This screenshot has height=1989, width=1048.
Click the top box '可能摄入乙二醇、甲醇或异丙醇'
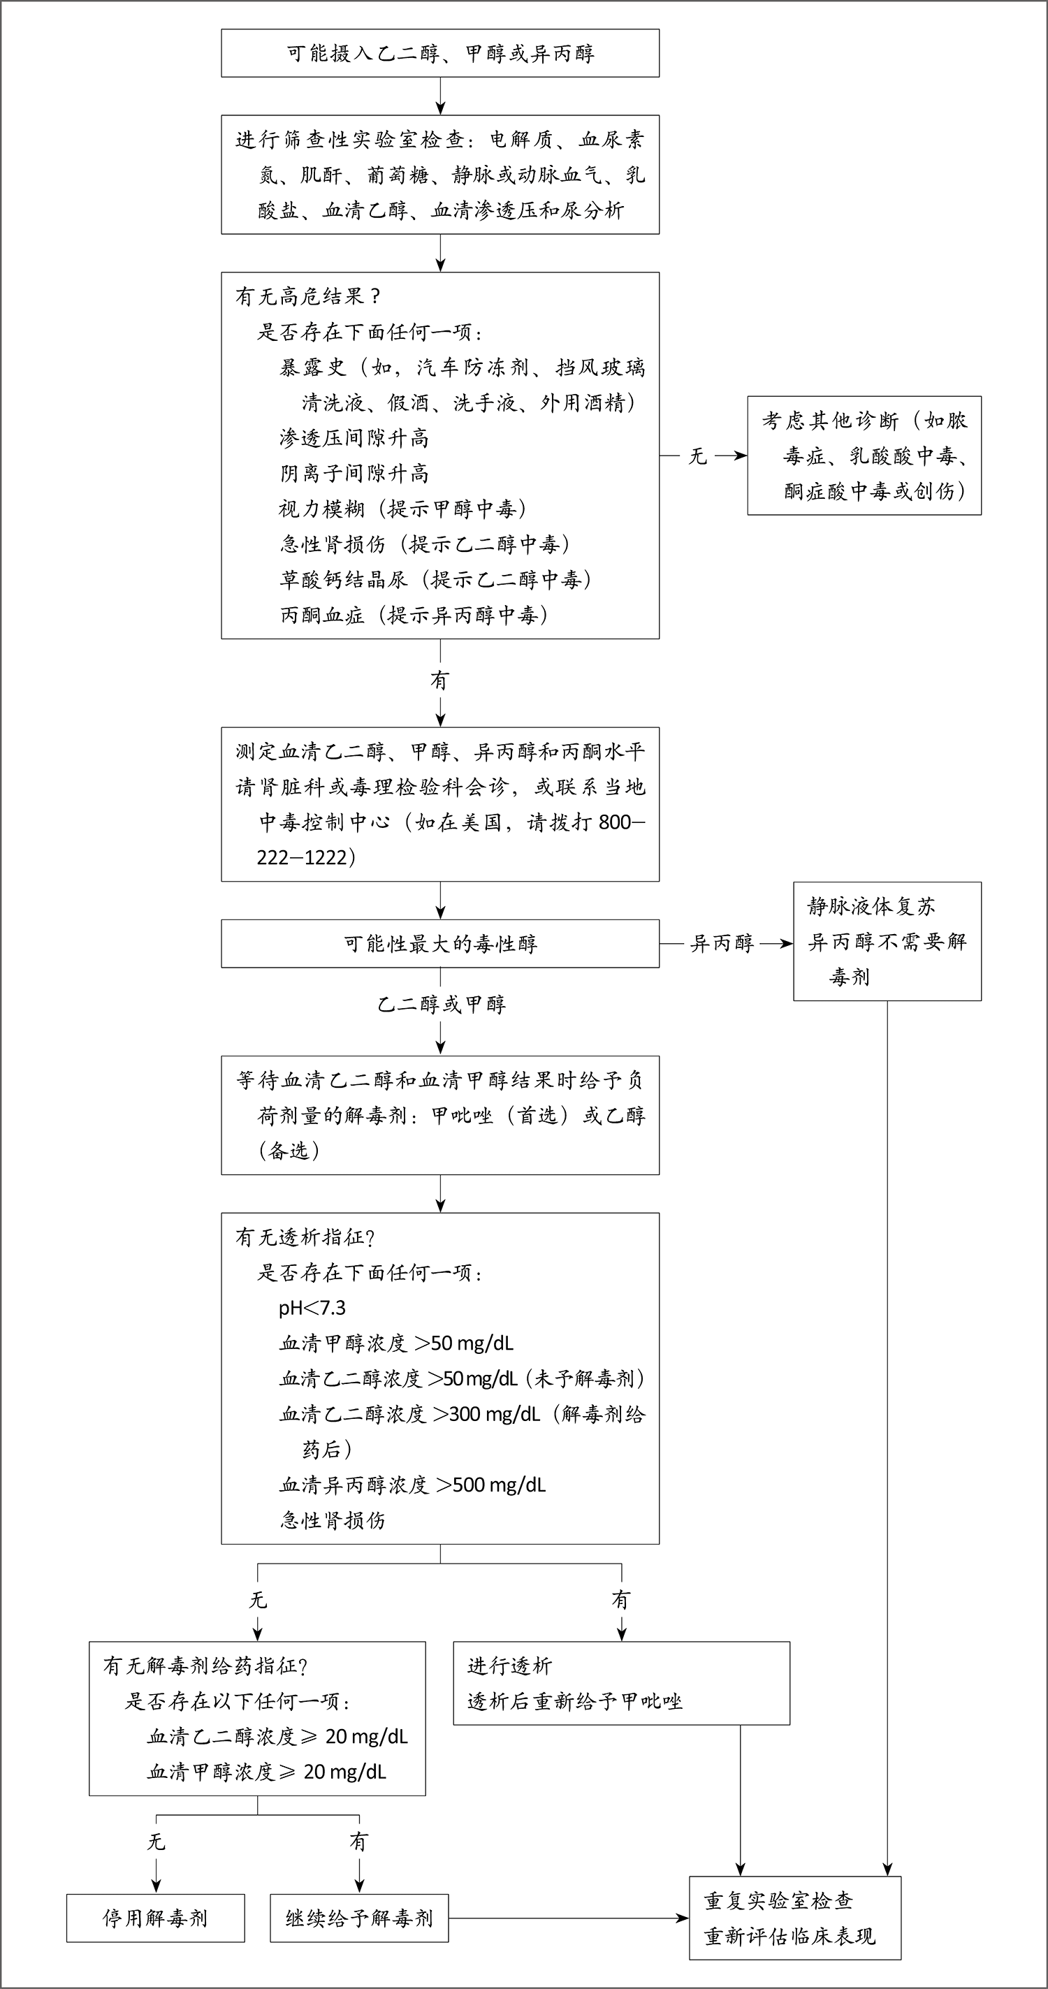440,53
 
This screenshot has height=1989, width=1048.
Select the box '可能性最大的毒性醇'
440,944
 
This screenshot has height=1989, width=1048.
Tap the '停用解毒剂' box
155,1918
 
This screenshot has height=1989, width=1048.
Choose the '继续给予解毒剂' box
359,1918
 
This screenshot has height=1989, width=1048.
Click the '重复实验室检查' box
794,1918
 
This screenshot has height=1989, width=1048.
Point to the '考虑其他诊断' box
864,456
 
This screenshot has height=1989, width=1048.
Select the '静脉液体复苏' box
887,941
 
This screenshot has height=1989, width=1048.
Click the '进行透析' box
621,1683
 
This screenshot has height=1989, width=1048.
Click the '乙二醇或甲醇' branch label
441,1005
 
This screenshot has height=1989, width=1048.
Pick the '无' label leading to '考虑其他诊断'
697,456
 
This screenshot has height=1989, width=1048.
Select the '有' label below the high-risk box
439,680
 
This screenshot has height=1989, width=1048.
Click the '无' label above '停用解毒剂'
156,1842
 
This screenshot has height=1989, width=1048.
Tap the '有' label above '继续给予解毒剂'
358,1842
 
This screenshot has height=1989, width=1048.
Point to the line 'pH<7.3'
312,1308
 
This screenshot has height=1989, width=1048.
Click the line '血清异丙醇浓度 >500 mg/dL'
412,1485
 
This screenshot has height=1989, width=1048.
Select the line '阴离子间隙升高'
354,473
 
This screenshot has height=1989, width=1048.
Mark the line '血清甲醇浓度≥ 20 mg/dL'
266,1772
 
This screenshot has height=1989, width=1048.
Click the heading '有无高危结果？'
307,296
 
